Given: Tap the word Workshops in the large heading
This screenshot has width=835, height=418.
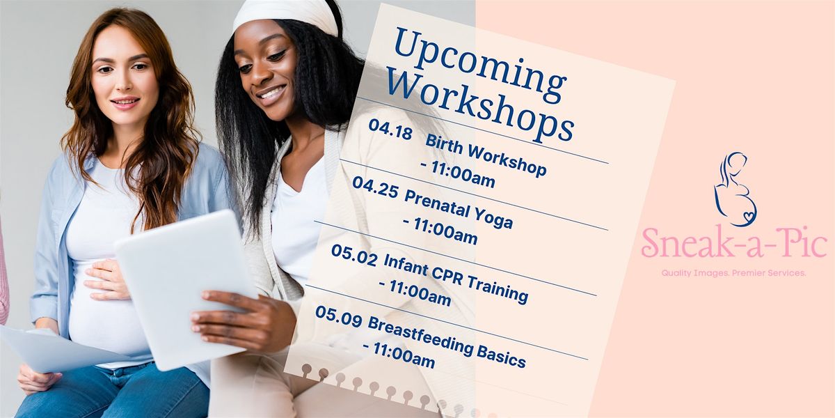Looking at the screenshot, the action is coord(480,107).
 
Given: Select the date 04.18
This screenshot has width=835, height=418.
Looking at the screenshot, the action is coord(390,130).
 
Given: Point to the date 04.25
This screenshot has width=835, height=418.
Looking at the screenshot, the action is coord(374,187).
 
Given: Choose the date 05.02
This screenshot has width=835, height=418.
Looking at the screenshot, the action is coord(354,255).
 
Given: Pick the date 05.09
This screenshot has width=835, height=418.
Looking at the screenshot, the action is coord(338,317).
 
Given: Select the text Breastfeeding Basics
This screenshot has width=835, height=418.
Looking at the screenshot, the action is coord(447,342).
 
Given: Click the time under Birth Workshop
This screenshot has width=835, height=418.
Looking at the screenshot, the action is coord(458,173).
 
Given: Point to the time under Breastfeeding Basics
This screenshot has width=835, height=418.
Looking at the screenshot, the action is coord(399,355).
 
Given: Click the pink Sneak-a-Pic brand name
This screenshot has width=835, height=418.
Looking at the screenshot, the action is coord(734,242).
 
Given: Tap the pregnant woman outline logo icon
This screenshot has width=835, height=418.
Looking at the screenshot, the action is coord(735,189).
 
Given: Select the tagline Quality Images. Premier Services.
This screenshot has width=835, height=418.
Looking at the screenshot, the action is coord(733,273).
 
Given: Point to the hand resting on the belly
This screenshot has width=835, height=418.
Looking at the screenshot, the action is coord(106,280).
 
